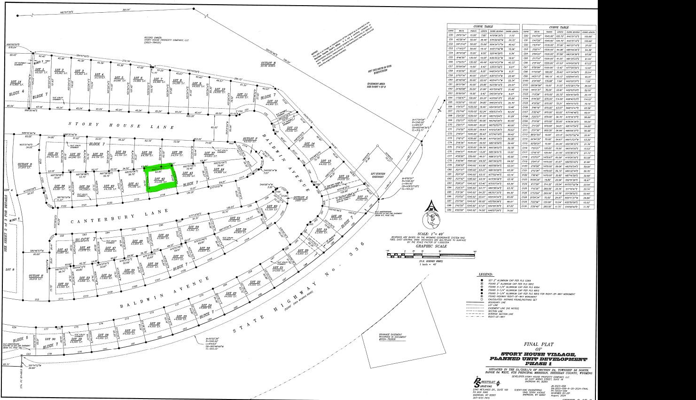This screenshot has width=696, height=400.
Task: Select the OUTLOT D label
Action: pyautogui.click(x=24, y=165)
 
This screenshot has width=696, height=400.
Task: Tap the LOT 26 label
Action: pyautogui.click(x=155, y=324)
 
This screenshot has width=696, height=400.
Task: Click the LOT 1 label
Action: pyautogui.click(x=40, y=71)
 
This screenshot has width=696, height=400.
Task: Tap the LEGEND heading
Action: pyautogui.click(x=485, y=274)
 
